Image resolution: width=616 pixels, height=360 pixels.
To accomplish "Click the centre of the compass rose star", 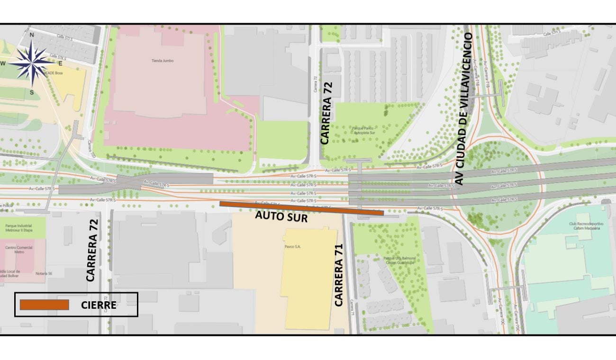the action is (x=32, y=63).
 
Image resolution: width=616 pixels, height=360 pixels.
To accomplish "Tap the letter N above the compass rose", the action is (x=32, y=35).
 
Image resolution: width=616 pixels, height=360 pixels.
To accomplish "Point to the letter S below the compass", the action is (x=32, y=92).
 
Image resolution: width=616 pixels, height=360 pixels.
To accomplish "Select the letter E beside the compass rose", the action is (x=60, y=63).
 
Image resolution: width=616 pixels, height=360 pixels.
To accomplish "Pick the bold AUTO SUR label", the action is (x=281, y=216).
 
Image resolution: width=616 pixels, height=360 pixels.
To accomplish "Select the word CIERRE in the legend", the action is (x=99, y=305).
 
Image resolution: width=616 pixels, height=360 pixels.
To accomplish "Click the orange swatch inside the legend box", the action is (x=45, y=305).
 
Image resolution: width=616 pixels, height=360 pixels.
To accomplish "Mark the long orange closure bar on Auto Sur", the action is (x=301, y=208).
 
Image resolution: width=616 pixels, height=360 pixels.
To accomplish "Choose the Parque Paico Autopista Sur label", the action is (x=364, y=130).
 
